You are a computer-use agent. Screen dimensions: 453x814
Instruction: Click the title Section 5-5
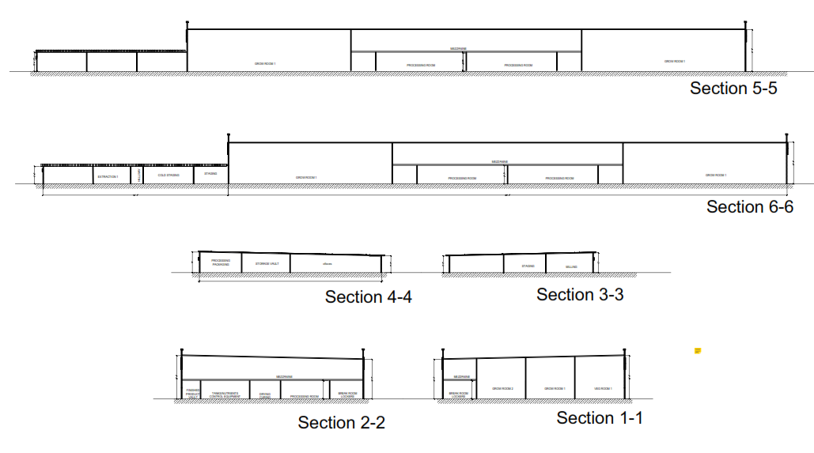pos(733,88)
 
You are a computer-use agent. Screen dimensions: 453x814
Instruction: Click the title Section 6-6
pos(749,206)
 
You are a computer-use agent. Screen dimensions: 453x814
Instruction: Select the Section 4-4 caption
pos(368,296)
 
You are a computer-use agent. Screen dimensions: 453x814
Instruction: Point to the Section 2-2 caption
pos(341,422)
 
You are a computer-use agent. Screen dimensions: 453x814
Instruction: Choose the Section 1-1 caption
pos(600,417)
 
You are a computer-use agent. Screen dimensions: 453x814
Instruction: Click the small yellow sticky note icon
pos(699,349)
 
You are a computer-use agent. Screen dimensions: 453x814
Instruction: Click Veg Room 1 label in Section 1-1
pos(603,388)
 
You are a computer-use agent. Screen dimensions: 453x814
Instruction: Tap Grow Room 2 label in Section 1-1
pos(503,388)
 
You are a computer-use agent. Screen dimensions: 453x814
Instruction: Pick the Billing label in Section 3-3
pos(571,267)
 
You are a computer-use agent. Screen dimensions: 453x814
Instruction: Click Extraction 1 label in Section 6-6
pos(108,176)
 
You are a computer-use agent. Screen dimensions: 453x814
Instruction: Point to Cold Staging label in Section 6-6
pos(168,176)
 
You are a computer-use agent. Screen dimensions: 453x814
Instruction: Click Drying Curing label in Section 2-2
pos(265,394)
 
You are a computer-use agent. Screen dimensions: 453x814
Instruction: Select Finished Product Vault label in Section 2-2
pos(192,393)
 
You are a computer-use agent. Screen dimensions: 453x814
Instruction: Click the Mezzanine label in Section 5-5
pos(459,48)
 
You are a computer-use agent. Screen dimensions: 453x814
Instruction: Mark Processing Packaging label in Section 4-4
pos(221,262)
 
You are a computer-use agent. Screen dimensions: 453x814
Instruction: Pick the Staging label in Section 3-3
pos(528,266)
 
